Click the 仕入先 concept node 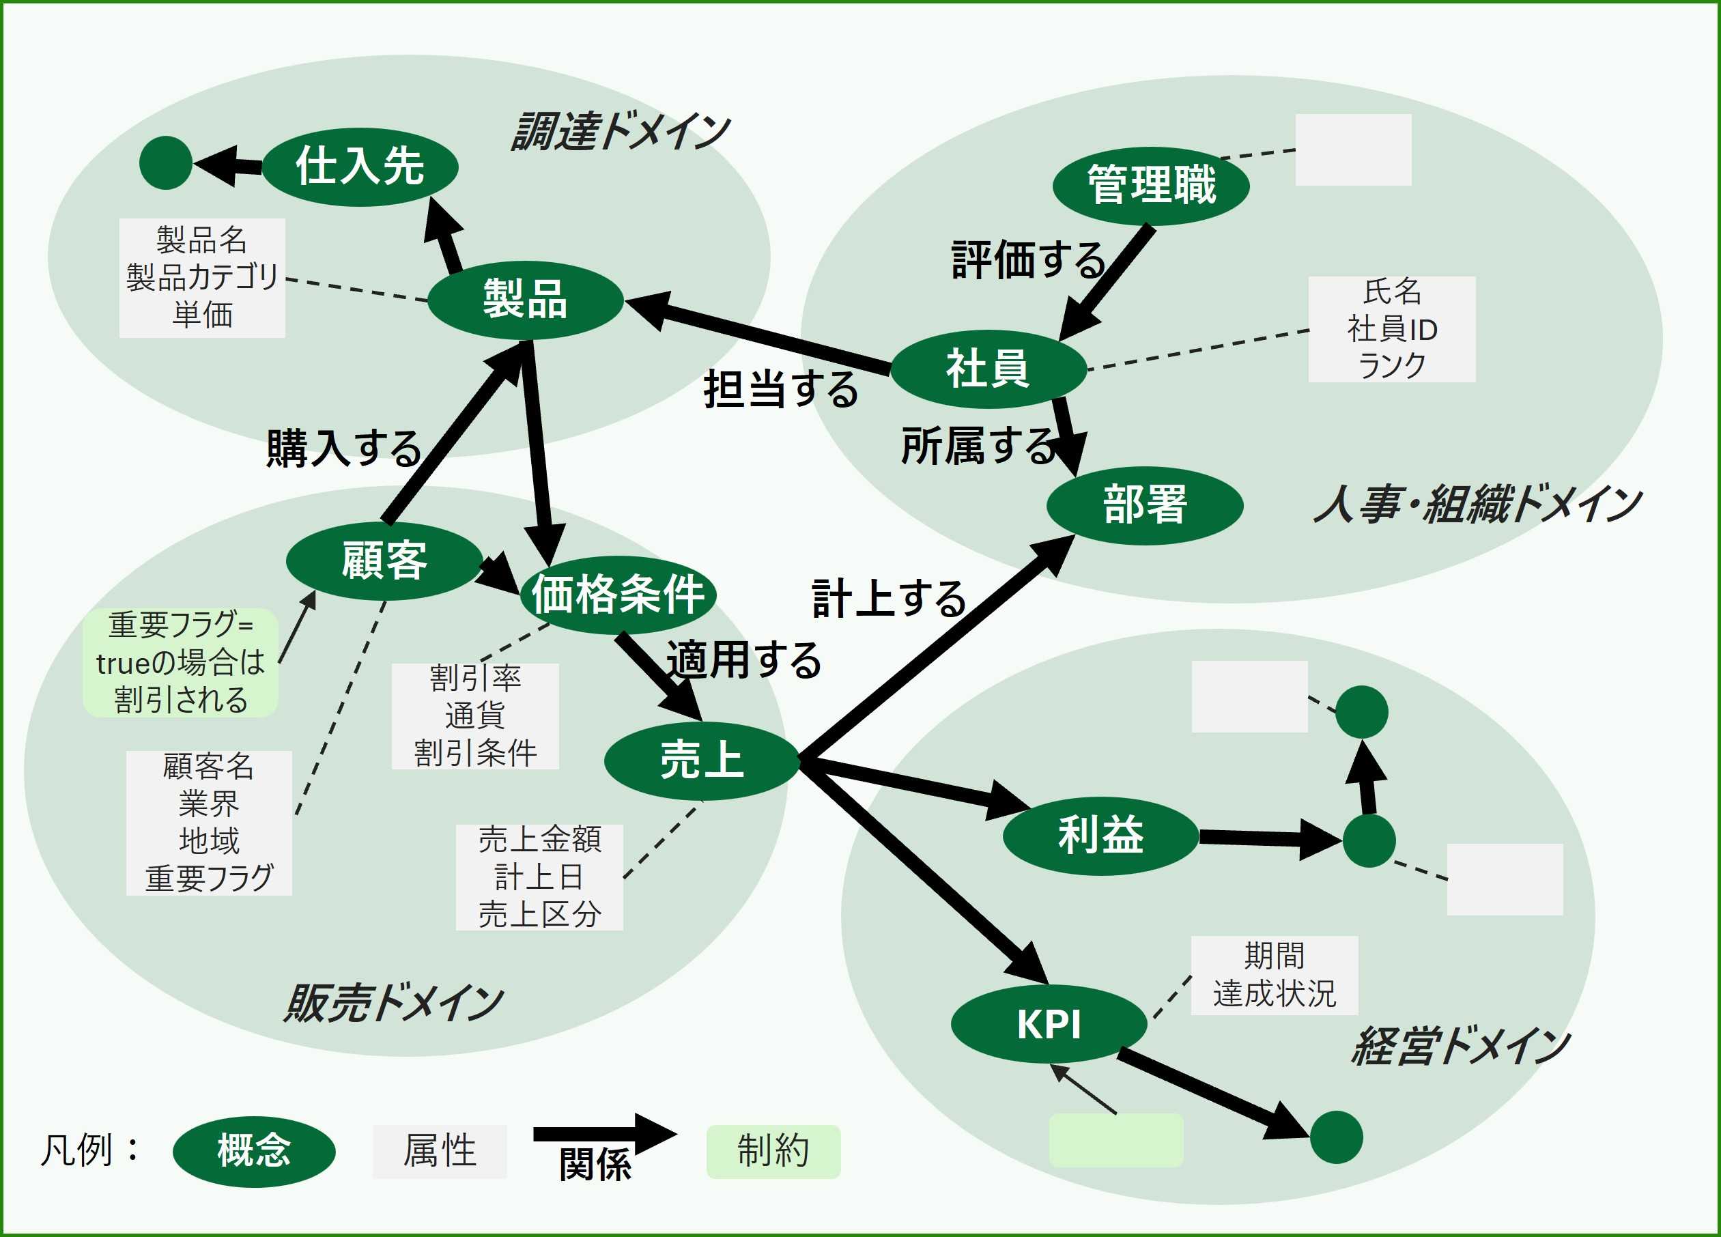point(360,167)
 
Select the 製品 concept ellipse point(525,300)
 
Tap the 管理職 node point(1151,186)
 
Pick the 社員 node point(988,369)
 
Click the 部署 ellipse point(1144,505)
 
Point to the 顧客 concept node point(384,561)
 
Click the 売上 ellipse point(702,761)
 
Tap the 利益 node point(1100,836)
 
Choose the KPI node point(1049,1024)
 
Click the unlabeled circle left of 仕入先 point(166,162)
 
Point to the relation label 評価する point(1029,259)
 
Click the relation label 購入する point(345,448)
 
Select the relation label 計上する point(890,598)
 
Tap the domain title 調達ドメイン point(621,131)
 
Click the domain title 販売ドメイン point(393,1002)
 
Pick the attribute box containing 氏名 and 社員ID point(1392,328)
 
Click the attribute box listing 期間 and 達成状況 point(1274,975)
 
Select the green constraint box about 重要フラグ point(181,662)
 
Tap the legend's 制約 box point(773,1151)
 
